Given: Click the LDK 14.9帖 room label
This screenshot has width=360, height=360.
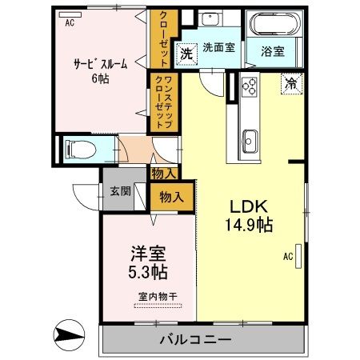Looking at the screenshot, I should coord(247,214).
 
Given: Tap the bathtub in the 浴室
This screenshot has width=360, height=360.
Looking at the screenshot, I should coord(274,26).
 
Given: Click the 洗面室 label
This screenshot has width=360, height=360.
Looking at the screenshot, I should coord(218,48).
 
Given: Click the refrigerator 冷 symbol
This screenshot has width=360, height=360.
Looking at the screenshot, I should coord(290,82).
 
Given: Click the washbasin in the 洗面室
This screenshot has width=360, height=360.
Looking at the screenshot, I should coord(213,22).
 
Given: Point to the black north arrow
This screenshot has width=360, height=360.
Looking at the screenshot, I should coord(68,333).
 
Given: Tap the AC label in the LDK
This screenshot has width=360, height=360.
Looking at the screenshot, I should coord(287,257).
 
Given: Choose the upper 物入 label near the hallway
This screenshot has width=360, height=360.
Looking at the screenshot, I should coord(163,172).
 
